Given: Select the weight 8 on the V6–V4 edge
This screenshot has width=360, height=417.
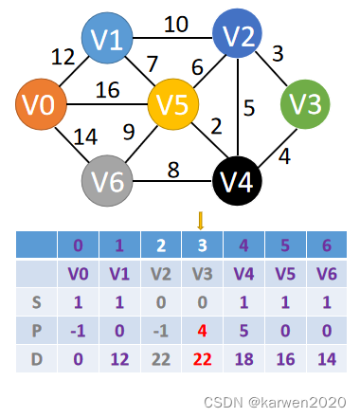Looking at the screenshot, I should [x=173, y=171].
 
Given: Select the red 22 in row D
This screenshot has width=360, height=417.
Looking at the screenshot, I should [x=201, y=361].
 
